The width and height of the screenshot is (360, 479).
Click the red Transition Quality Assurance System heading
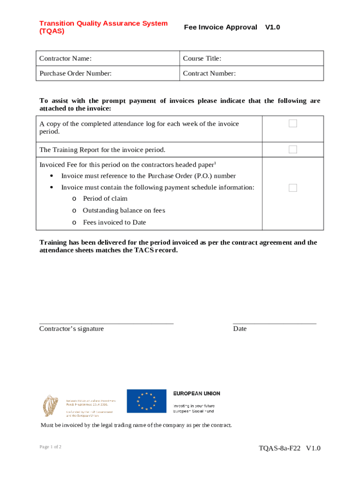pos(103,27)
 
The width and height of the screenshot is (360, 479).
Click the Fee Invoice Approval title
pos(220,27)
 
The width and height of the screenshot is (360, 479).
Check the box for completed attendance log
pos(293,123)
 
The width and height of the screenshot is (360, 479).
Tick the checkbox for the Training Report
pos(293,150)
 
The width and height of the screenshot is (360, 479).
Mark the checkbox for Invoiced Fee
pos(293,188)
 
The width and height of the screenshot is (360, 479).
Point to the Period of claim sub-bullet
pos(105,198)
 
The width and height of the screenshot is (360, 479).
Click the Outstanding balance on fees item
pos(123,210)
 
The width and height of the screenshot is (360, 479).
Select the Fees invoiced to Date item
pos(114,222)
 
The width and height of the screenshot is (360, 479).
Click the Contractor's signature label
pos(72,329)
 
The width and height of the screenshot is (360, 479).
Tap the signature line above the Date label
pos(274,323)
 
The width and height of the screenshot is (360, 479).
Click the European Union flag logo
pos(146,401)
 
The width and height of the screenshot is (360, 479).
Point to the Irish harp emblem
pos(49,406)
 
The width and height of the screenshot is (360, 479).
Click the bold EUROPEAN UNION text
pos(196,393)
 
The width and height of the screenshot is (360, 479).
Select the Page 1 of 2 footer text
pos(50,447)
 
